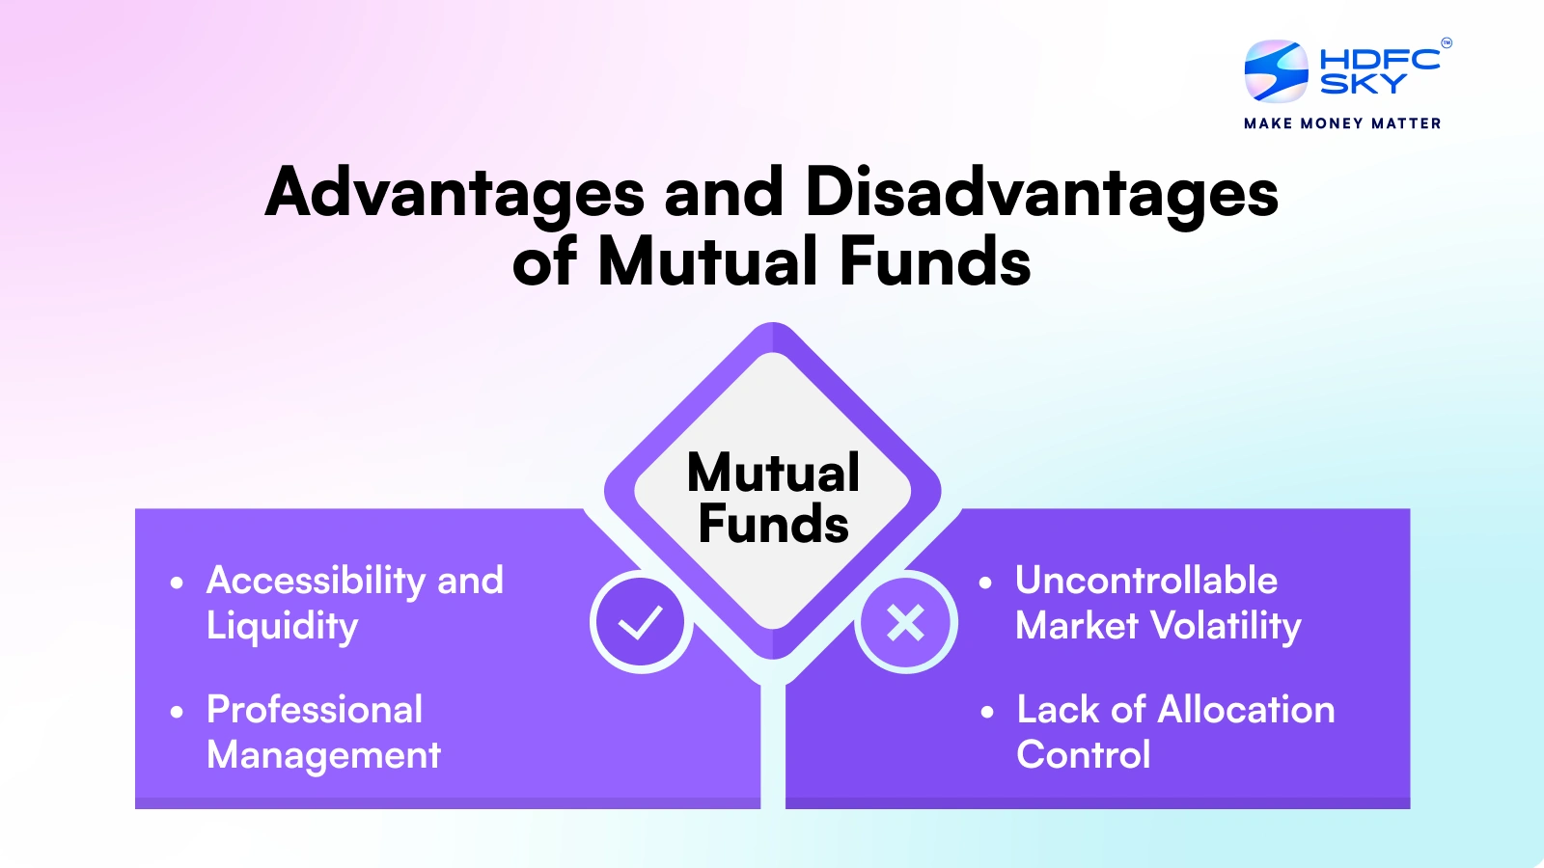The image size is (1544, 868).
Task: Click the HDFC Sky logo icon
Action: pos(1276,71)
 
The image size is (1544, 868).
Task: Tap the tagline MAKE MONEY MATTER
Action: pos(1342,123)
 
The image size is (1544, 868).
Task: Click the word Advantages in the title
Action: pos(455,192)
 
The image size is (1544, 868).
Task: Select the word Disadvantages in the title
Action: pos(1041,192)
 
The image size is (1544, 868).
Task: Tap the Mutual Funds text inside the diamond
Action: pos(773,499)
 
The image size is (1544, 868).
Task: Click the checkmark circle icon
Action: pos(641,622)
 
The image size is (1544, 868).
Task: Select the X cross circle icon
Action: pos(905,622)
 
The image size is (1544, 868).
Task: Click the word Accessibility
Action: pos(315,581)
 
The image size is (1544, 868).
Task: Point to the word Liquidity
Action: pos(282,626)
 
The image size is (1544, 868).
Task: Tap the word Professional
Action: pos(315,710)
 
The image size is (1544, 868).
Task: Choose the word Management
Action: pos(323,755)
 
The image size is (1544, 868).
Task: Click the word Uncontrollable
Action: pos(1146,581)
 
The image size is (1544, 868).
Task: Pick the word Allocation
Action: pos(1246,710)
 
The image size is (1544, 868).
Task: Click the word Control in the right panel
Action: pos(1083,755)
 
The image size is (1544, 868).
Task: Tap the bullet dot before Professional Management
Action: pos(177,713)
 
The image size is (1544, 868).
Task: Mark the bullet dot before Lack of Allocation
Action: pos(986,713)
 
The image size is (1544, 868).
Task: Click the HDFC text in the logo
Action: pos(1379,59)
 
